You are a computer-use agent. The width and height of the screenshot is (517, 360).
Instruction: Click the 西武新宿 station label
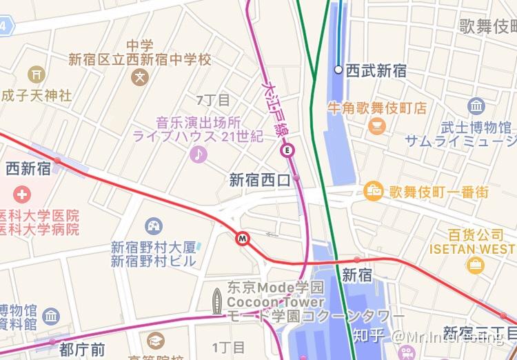point(376,70)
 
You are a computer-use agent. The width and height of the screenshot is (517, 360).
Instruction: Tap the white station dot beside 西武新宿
point(338,70)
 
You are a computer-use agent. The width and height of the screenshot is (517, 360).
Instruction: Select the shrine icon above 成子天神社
point(36,74)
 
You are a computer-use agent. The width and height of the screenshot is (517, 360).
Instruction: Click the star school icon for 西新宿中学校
point(141,77)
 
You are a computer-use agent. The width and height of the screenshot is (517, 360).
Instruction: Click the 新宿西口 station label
point(260,181)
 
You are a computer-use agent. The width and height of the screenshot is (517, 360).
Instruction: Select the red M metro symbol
point(242,238)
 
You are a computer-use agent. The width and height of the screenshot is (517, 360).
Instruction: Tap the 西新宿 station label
point(28,168)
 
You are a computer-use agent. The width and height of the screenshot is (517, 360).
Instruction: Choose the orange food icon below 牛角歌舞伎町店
point(377,126)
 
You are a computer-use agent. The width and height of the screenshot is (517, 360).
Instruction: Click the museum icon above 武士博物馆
point(476,106)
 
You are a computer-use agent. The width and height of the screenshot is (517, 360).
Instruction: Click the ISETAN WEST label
point(472,248)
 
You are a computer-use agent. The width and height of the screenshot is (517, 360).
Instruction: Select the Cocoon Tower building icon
point(218,301)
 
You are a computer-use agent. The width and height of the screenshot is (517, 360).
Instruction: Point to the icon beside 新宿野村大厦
point(154,226)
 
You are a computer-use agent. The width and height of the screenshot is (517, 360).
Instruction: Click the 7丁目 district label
point(213,100)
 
